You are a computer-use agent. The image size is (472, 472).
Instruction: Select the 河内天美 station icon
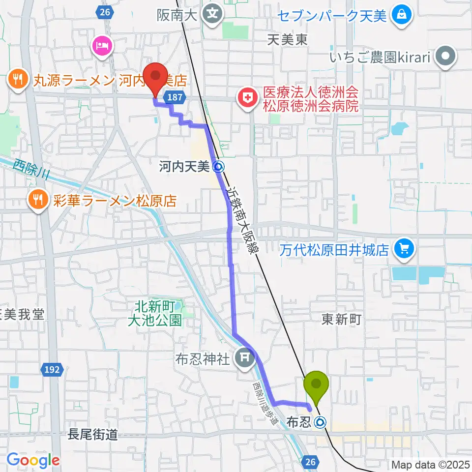219,167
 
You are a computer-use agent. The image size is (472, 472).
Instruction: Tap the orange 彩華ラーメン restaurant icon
37,200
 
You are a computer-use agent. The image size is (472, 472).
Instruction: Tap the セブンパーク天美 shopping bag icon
402,15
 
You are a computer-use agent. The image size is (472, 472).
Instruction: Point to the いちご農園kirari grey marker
446,57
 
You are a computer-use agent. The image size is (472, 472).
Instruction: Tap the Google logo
33,460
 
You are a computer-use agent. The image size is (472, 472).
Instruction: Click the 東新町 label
341,320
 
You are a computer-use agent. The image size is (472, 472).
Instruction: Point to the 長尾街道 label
93,434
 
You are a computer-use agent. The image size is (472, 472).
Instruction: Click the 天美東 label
288,40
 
